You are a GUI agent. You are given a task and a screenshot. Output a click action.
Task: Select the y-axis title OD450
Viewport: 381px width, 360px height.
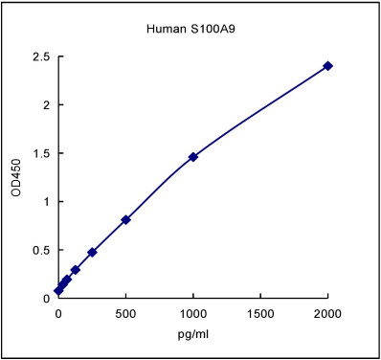point(15,178)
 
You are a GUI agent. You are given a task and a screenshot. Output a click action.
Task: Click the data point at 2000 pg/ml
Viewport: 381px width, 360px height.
point(328,66)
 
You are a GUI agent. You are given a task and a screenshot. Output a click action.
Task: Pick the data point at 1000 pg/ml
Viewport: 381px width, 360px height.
point(193,156)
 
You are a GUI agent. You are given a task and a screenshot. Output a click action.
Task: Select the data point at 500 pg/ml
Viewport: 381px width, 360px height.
point(126,219)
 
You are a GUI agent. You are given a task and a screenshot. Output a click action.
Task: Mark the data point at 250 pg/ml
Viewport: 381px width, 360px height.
point(92,252)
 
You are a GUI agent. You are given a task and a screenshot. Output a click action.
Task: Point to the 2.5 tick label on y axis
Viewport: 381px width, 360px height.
point(39,57)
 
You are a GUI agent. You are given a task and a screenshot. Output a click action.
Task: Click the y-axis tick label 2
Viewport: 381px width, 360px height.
point(45,105)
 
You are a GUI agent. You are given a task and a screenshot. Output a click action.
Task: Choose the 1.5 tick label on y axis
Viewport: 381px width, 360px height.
point(39,153)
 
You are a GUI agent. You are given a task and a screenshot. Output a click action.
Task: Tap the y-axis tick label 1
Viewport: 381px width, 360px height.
point(45,202)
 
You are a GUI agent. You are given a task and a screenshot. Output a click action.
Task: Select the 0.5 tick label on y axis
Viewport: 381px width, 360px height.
point(39,250)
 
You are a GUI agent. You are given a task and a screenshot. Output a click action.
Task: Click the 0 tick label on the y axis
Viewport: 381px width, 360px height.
point(45,298)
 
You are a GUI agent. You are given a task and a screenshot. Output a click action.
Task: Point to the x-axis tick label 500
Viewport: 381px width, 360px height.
point(125,313)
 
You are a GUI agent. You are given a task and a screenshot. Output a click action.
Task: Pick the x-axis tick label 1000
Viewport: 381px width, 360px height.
point(193,313)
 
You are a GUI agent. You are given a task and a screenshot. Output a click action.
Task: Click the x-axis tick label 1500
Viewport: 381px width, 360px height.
point(260,313)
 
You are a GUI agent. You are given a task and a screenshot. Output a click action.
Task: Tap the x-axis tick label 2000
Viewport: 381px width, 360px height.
point(328,313)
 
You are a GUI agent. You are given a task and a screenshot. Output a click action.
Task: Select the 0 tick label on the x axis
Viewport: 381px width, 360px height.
point(58,313)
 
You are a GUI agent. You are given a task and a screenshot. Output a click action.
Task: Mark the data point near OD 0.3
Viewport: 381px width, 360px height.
point(76,270)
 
